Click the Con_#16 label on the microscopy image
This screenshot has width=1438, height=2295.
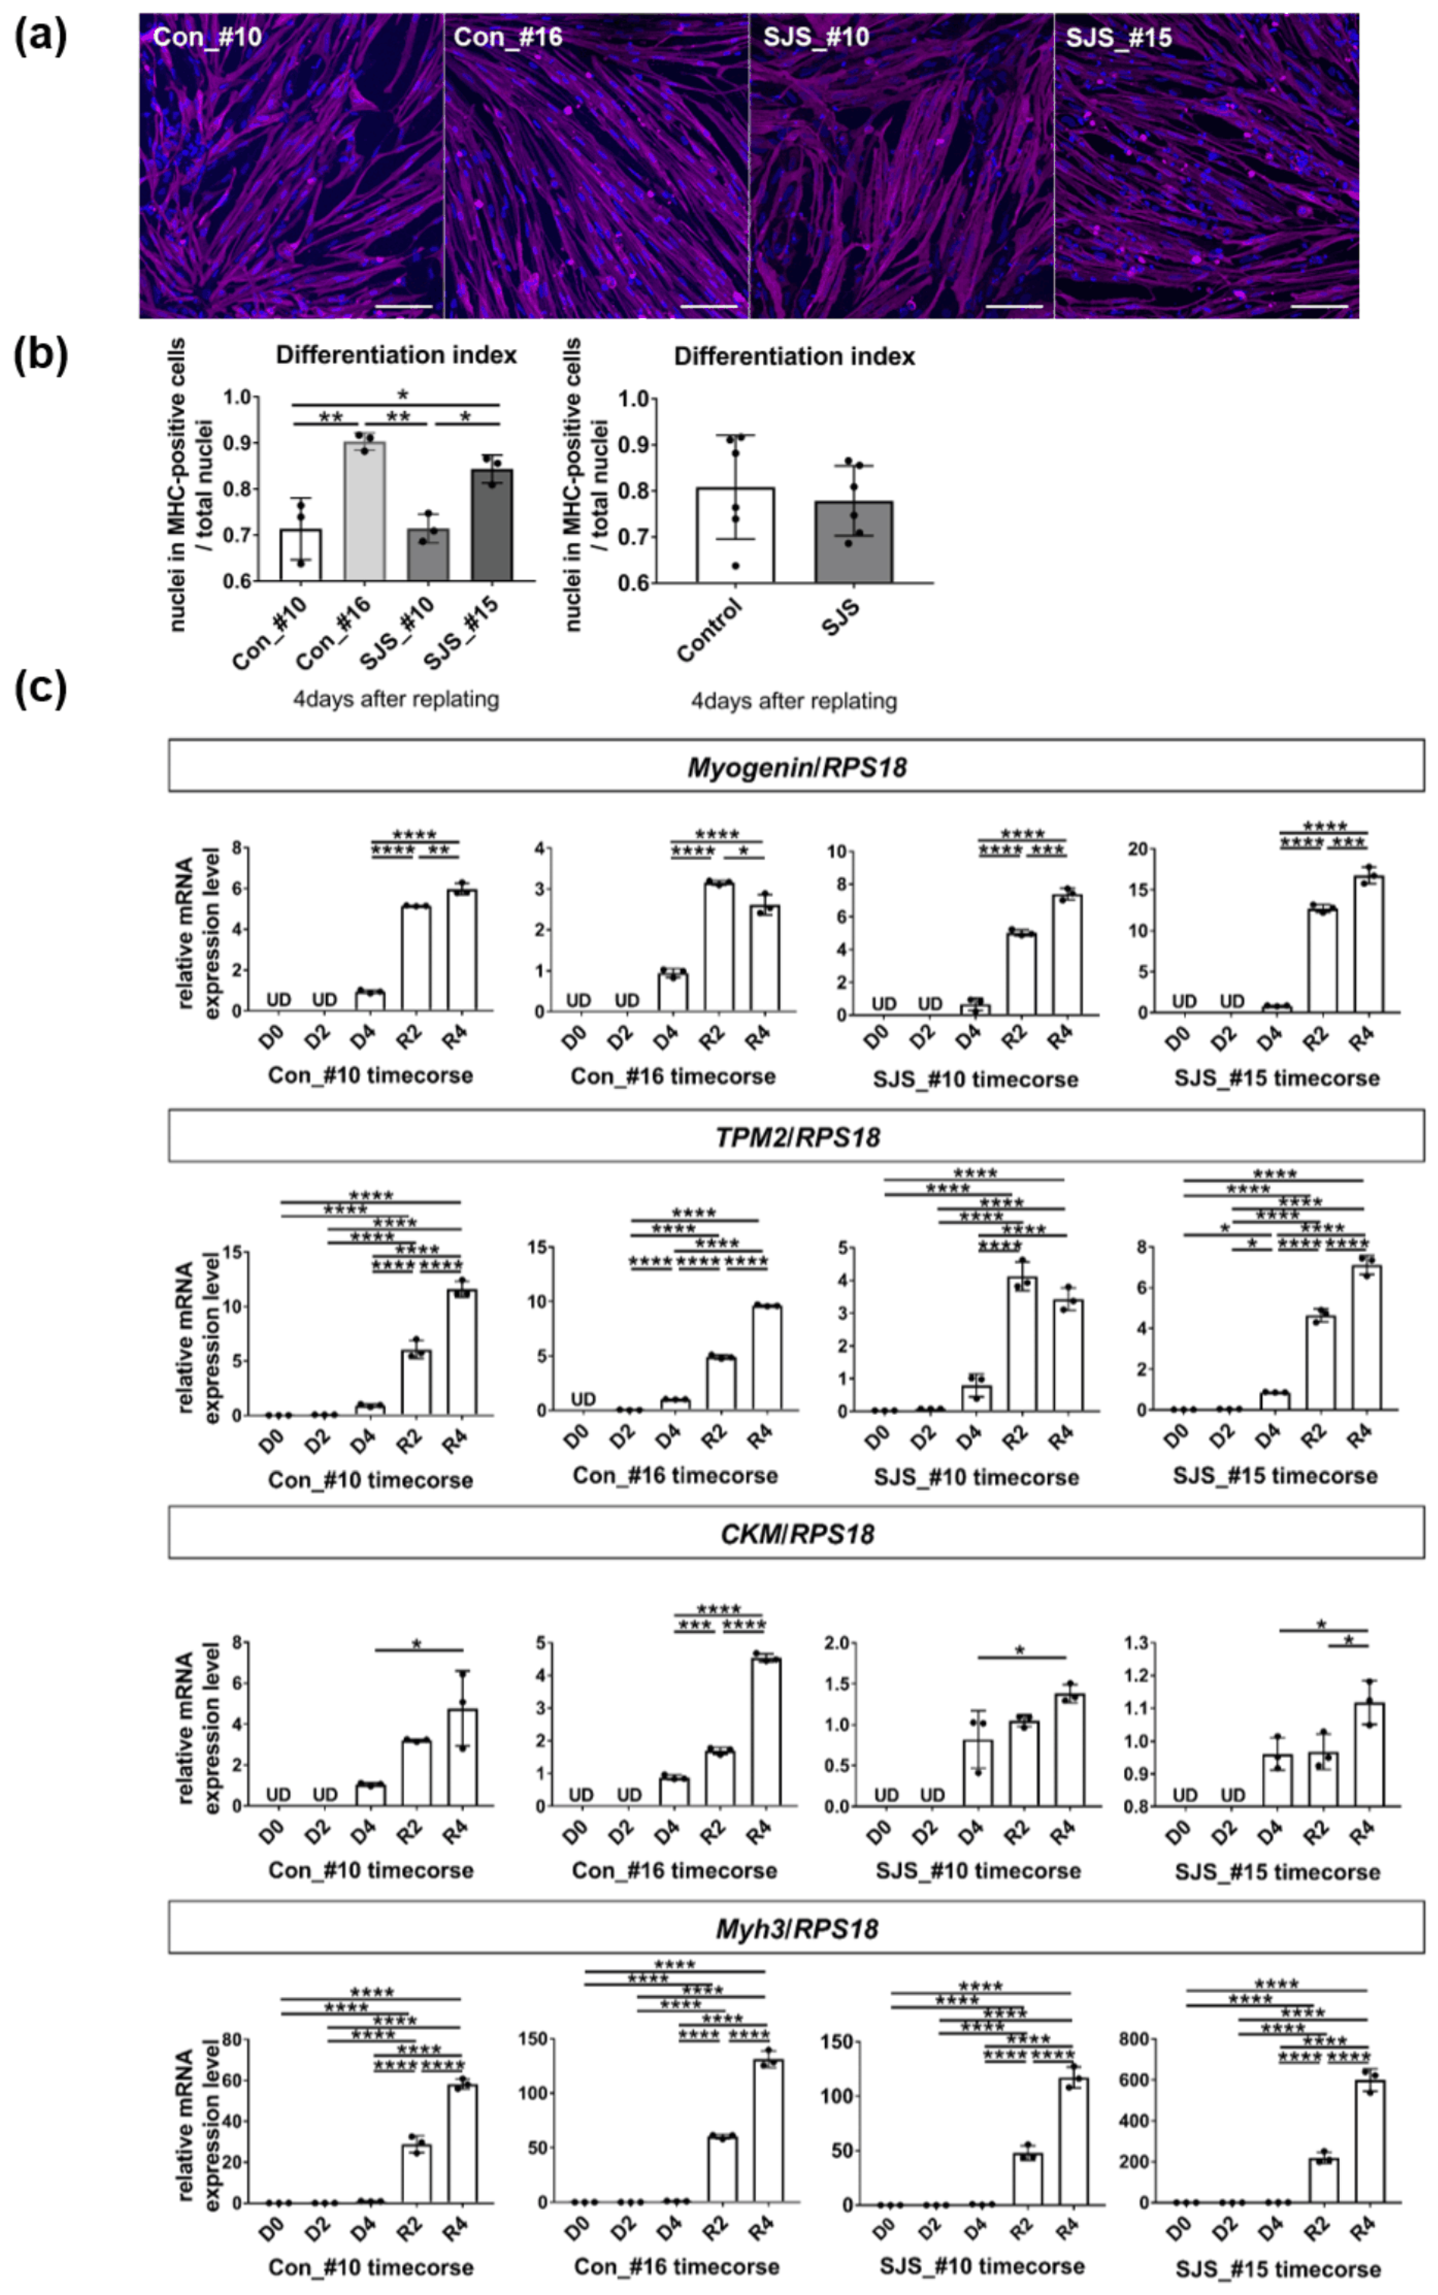[x=508, y=37]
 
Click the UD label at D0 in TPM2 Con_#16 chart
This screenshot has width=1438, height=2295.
[x=583, y=1399]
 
